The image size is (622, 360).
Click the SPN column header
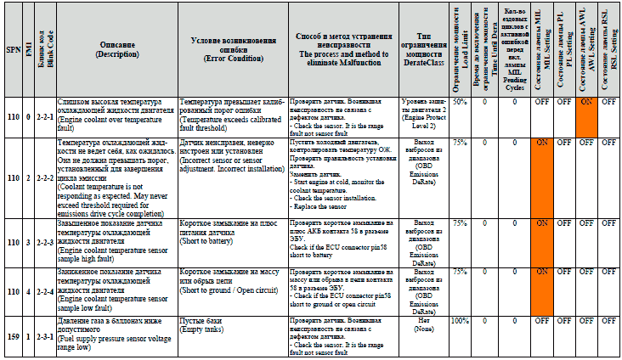tap(13, 49)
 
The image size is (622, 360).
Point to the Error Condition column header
tap(232, 48)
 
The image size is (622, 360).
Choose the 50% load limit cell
tap(459, 102)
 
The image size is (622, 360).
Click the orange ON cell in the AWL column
tap(585, 102)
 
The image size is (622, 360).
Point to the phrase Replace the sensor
tap(318, 206)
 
